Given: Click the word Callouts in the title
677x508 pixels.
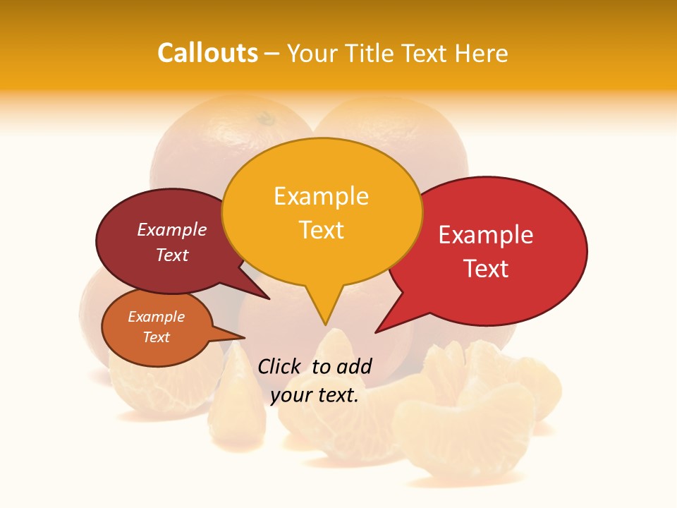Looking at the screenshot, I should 207,53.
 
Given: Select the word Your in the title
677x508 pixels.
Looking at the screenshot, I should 312,53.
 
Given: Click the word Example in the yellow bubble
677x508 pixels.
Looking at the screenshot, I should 321,196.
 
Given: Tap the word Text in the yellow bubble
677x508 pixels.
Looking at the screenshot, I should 321,230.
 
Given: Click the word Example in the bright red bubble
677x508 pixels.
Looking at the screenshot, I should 486,235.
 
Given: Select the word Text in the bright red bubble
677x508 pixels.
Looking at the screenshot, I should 486,269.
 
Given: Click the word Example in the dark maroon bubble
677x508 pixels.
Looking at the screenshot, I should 172,229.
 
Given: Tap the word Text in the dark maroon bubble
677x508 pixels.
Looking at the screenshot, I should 172,255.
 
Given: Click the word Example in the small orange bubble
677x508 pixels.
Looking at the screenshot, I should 156,317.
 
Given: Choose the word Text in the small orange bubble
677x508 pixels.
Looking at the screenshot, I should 156,337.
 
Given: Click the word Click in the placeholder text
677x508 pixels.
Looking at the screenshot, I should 279,366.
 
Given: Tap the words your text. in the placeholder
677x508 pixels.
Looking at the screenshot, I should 314,396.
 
